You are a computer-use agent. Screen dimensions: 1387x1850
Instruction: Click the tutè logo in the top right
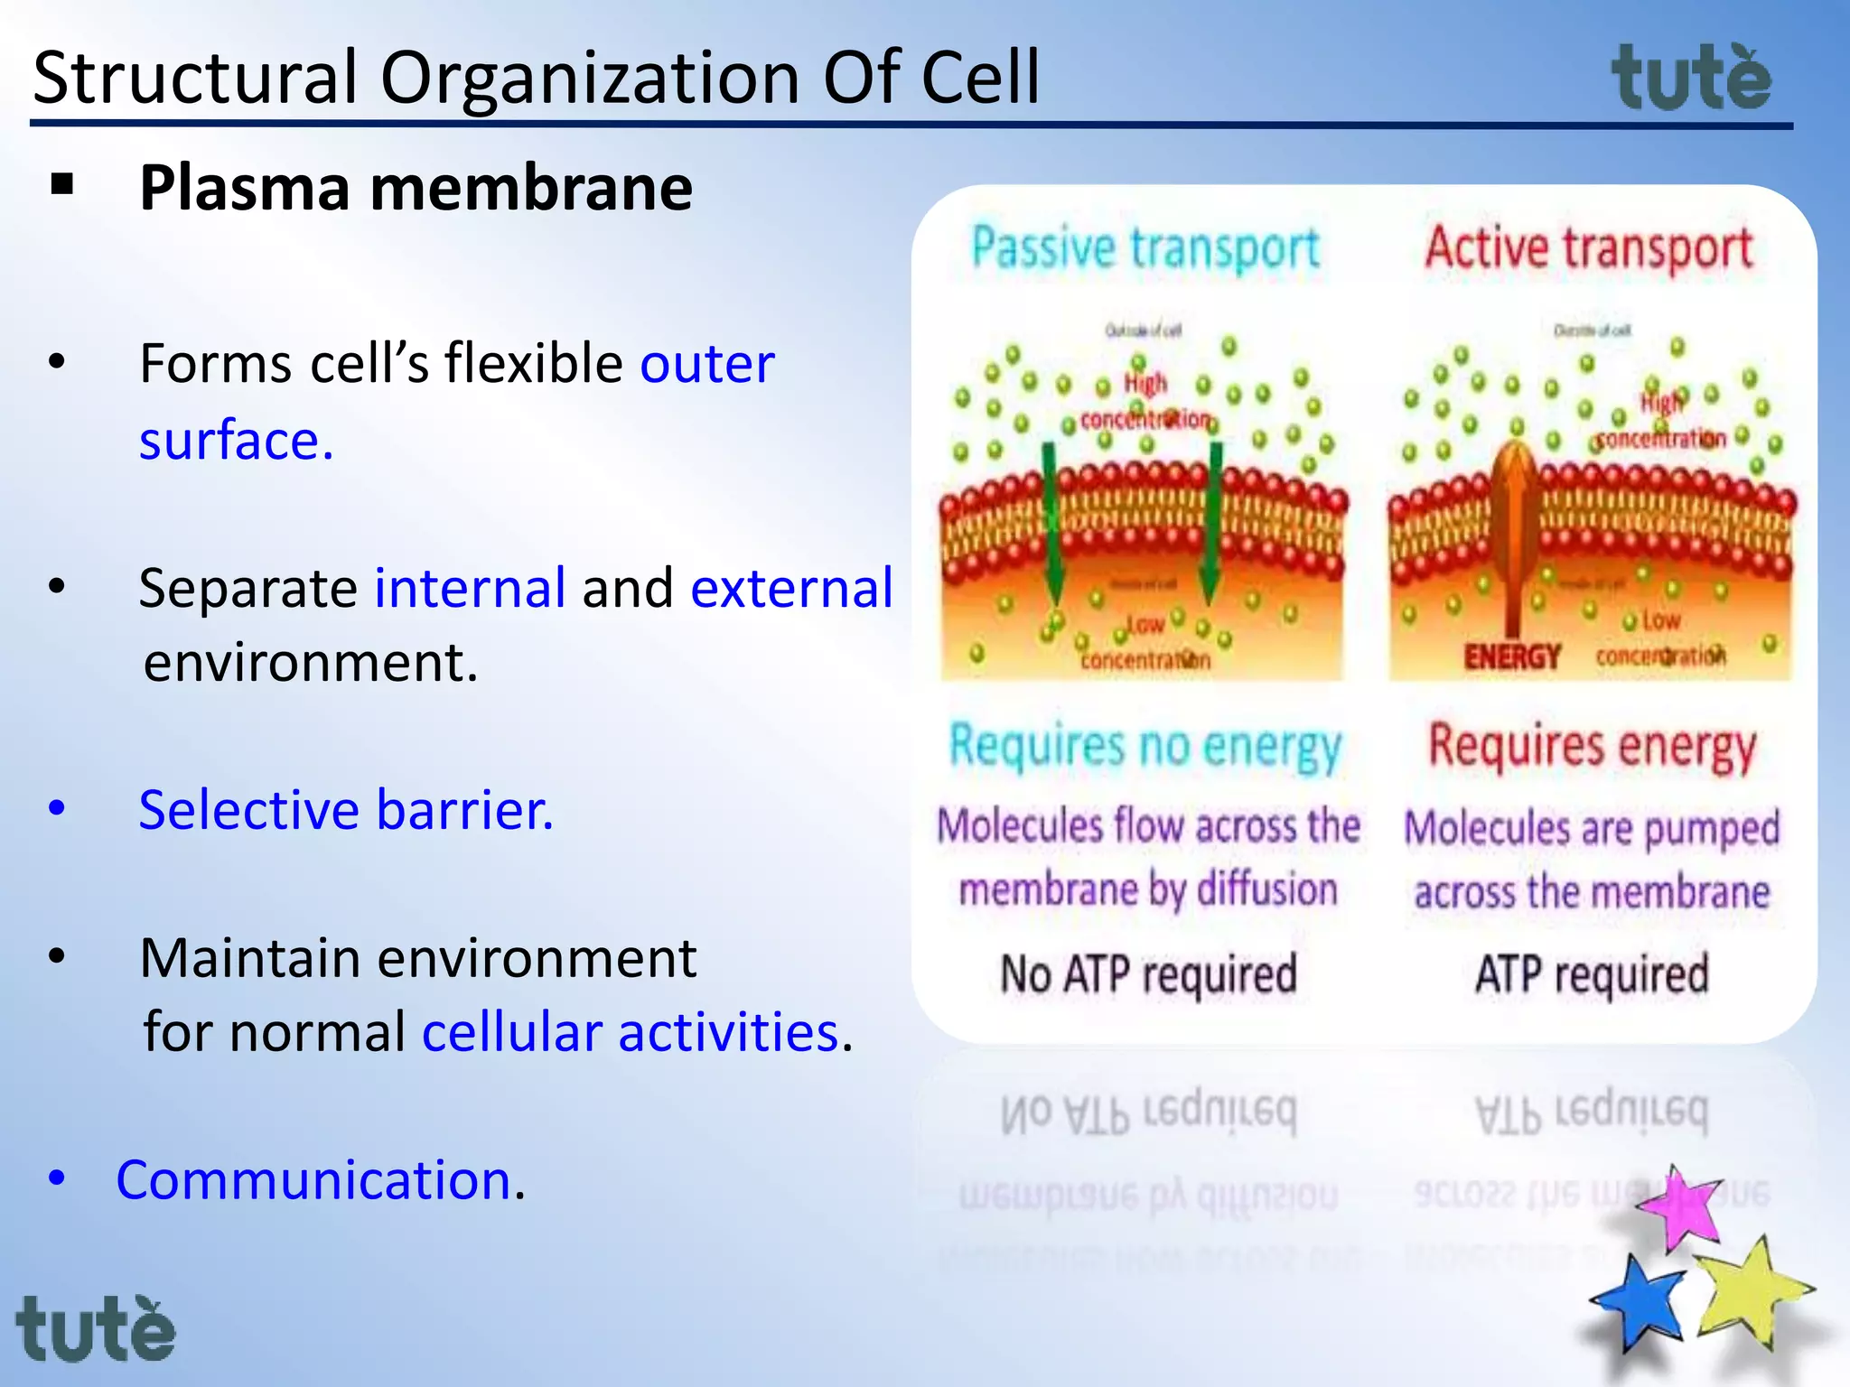1691,79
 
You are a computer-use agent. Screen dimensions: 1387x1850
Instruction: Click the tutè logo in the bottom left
96,1328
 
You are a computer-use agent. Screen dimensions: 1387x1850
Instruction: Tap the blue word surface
236,441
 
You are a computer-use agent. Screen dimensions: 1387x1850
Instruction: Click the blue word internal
470,588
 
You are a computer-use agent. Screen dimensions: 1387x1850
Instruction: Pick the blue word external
791,588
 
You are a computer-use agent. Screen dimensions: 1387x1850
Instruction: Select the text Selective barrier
346,809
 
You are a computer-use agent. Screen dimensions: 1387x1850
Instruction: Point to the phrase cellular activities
631,1032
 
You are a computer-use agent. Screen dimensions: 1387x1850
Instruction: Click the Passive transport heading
1145,248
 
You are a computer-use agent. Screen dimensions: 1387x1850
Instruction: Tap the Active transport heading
1589,248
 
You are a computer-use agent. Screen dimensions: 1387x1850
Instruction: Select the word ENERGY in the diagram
1512,656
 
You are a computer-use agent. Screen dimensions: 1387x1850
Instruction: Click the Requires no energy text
1145,747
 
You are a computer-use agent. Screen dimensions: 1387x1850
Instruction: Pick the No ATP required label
1148,974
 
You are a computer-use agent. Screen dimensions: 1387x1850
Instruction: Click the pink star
1679,1209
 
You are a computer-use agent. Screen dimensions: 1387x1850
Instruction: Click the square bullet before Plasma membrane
62,185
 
